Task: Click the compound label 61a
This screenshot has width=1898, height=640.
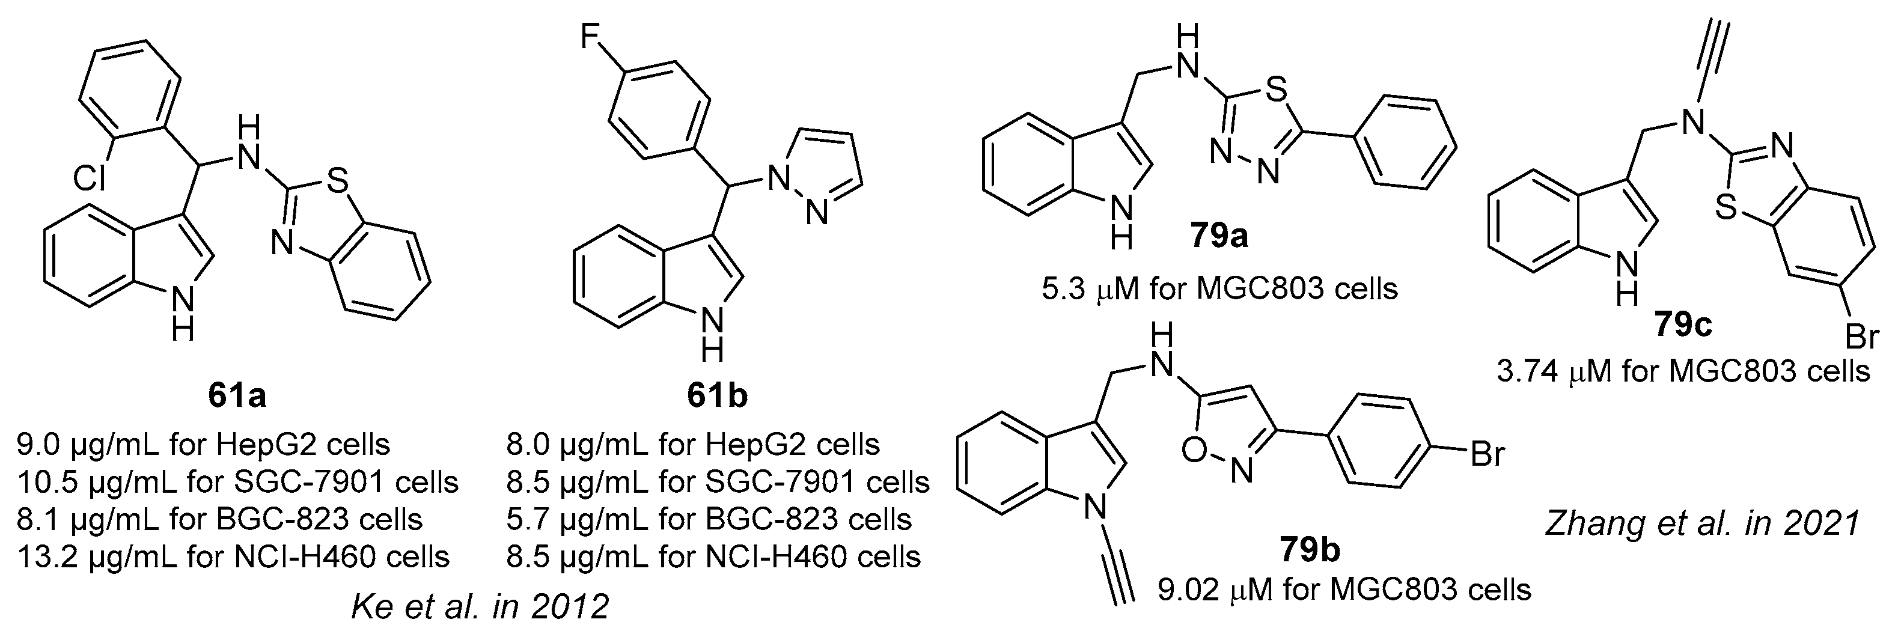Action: pyautogui.click(x=237, y=396)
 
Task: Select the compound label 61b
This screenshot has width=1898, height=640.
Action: pyautogui.click(x=716, y=396)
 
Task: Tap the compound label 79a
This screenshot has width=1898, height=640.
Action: pyautogui.click(x=1219, y=237)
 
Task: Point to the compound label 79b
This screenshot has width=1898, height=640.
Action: pyautogui.click(x=1308, y=549)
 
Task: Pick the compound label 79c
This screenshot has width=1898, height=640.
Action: pyautogui.click(x=1682, y=325)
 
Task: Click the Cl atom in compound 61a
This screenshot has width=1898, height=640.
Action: pyautogui.click(x=89, y=178)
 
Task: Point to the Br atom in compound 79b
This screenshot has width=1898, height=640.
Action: pyautogui.click(x=1487, y=454)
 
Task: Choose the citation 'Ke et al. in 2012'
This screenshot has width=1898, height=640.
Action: pyautogui.click(x=480, y=607)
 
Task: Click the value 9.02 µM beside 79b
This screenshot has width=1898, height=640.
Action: pyautogui.click(x=1214, y=589)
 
